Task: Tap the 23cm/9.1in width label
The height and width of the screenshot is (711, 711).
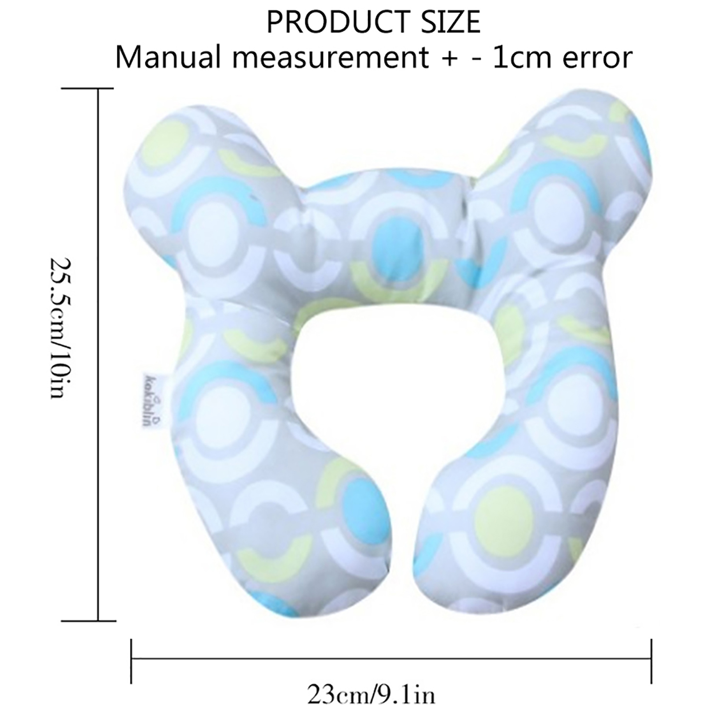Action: (x=371, y=694)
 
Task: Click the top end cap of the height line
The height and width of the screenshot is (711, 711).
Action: (x=88, y=88)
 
